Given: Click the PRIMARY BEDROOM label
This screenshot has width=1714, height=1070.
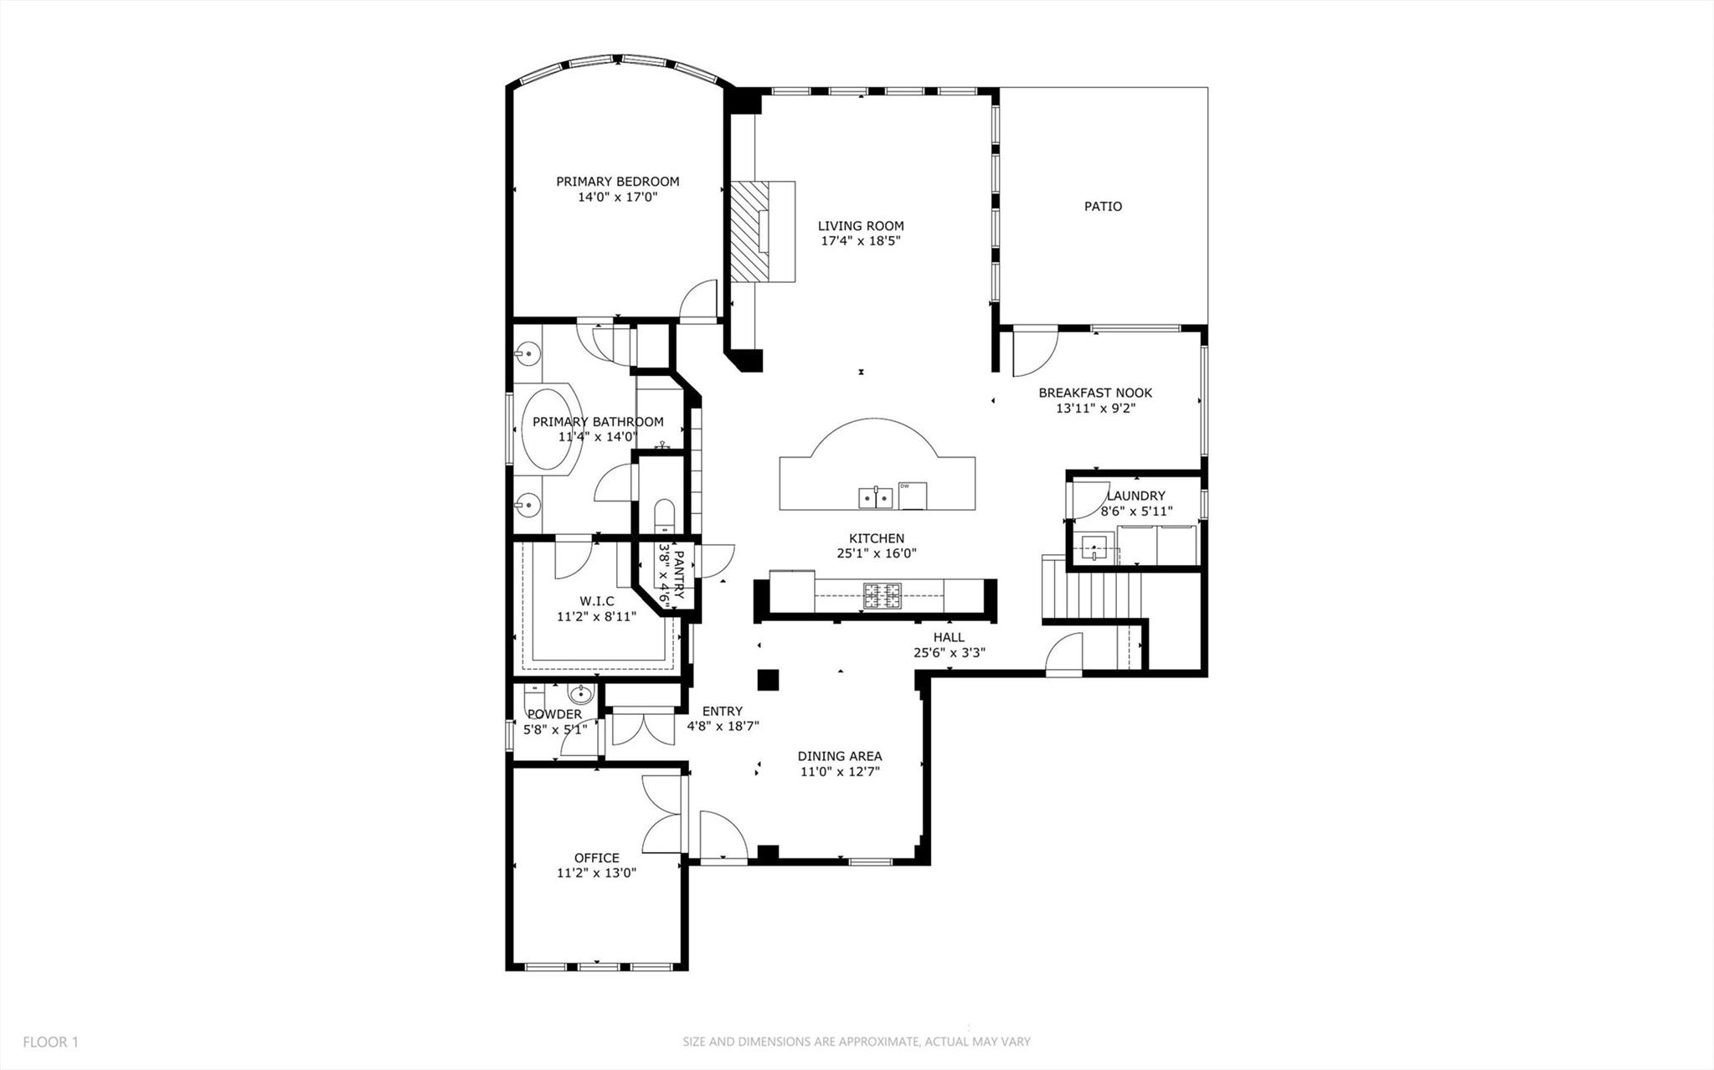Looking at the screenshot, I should (617, 182).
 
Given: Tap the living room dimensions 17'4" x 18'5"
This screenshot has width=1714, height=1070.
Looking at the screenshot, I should (861, 241).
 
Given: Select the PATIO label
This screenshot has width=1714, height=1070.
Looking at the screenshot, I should (1103, 206).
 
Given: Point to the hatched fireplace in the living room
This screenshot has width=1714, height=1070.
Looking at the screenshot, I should (748, 232).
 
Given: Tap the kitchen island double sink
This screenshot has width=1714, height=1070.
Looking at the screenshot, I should (875, 498).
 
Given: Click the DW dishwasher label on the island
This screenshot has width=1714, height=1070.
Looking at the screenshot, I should (905, 486).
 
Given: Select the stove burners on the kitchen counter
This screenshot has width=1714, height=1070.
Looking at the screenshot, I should (883, 595).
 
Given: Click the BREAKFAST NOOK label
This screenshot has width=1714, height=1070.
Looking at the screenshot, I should (1095, 393).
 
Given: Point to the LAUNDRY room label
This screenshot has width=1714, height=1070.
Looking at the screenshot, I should (1135, 496).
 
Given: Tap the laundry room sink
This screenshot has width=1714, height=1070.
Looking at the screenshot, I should (1094, 549).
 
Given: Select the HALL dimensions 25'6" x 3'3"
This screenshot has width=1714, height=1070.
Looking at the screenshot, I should (949, 653).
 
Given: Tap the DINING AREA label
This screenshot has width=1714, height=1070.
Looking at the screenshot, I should (839, 756).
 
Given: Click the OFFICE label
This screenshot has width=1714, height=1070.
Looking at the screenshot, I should (596, 857).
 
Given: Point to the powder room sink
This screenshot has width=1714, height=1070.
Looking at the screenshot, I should (580, 693).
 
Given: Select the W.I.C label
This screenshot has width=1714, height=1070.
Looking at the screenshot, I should (596, 601).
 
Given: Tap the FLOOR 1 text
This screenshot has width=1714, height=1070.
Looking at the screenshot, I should (50, 1042).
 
